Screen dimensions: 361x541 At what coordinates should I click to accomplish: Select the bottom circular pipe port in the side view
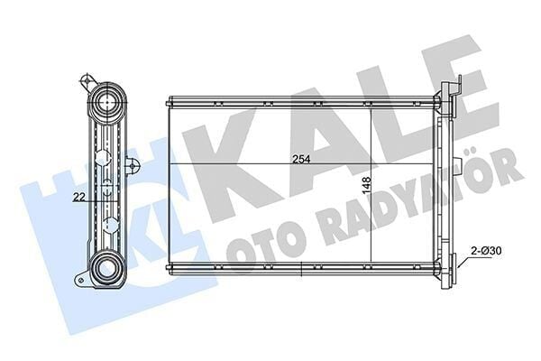[x=107, y=267]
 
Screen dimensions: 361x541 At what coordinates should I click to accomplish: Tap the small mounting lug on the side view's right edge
[x=133, y=164]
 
